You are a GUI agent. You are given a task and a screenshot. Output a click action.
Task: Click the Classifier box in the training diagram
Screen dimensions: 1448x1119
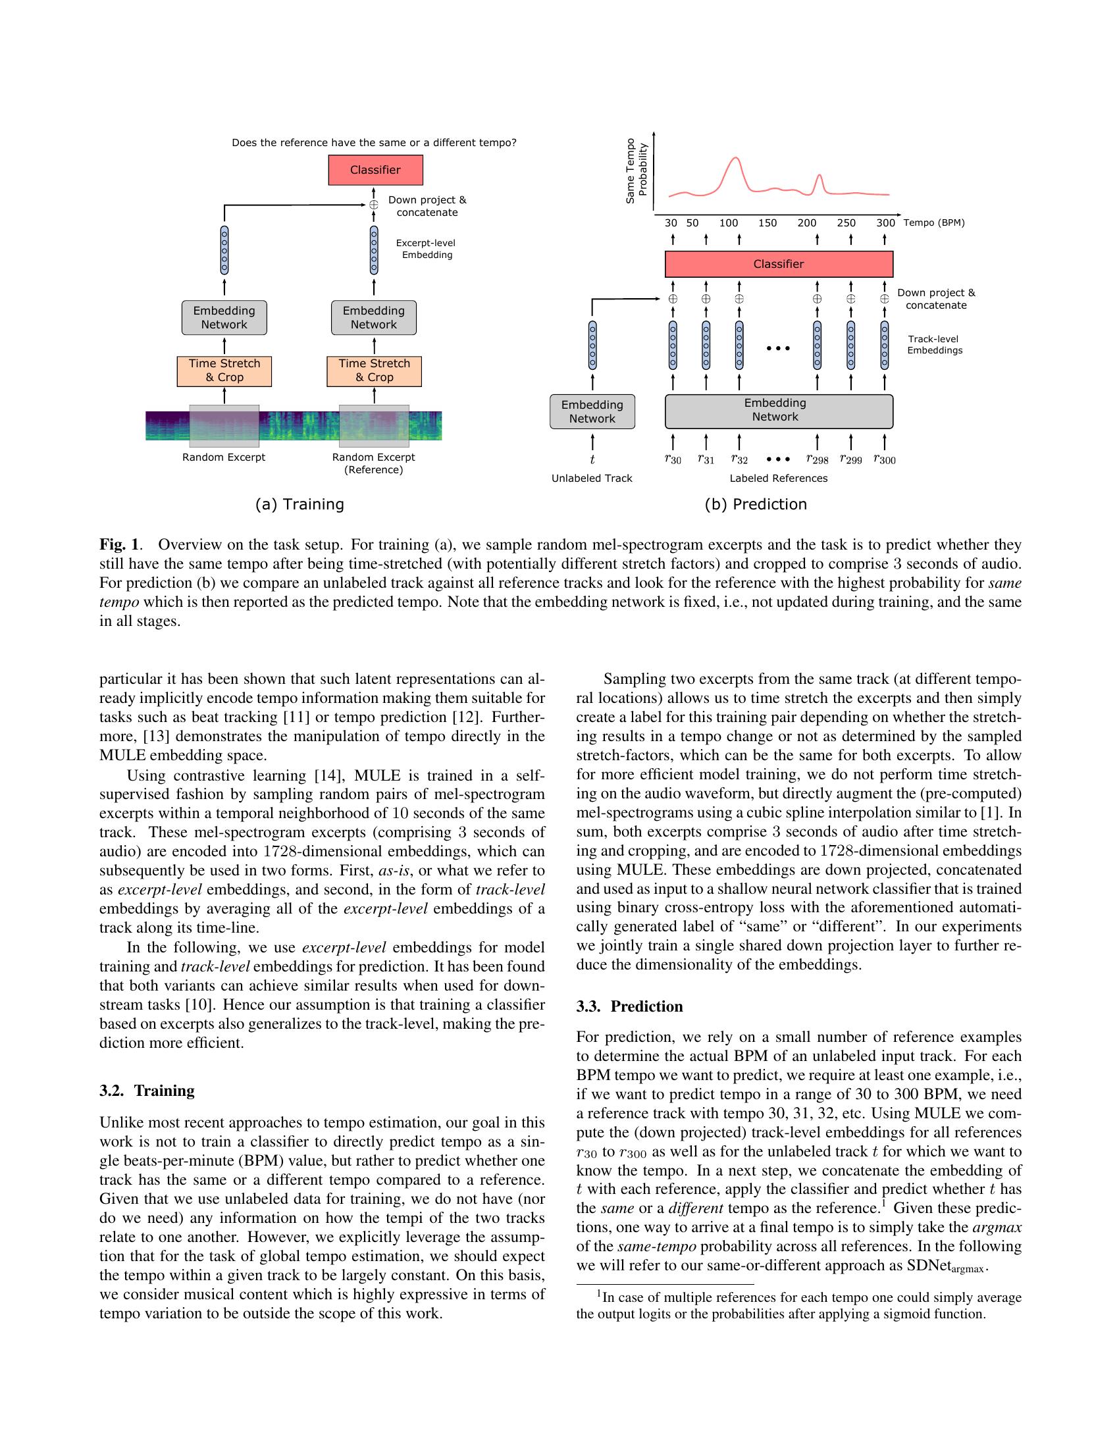click(x=375, y=170)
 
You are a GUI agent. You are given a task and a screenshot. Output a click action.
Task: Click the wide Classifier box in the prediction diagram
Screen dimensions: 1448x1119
click(x=778, y=264)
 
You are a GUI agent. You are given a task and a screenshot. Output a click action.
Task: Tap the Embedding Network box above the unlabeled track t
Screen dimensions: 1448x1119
click(x=592, y=412)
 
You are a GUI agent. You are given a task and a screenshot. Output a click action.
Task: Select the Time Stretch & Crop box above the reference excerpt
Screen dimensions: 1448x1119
click(x=374, y=371)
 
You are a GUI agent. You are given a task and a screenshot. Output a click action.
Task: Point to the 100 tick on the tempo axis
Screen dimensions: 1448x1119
click(x=729, y=223)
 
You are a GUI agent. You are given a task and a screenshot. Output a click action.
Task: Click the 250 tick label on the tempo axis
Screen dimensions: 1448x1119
click(x=846, y=223)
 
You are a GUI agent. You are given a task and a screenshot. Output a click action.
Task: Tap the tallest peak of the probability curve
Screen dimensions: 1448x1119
click(x=735, y=159)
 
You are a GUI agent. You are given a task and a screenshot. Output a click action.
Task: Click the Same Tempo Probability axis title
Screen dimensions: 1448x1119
click(x=636, y=171)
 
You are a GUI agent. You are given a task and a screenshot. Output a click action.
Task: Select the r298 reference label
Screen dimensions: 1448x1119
click(x=817, y=459)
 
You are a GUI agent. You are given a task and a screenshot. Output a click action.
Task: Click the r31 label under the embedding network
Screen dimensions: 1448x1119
click(x=706, y=459)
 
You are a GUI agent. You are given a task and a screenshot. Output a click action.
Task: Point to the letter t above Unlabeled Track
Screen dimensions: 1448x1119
click(x=592, y=459)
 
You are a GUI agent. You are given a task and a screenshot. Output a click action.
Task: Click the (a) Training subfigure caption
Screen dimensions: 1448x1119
click(x=299, y=505)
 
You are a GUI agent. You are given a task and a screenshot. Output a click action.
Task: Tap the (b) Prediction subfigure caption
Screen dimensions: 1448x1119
click(x=756, y=505)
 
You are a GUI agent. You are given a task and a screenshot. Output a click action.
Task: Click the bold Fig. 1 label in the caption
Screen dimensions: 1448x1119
click(x=120, y=545)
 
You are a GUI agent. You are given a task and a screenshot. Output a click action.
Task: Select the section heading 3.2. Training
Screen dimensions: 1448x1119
click(x=147, y=1091)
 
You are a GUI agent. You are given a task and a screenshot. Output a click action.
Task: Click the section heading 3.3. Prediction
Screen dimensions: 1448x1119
click(x=629, y=1006)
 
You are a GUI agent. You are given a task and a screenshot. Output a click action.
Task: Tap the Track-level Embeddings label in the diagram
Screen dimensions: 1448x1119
click(x=935, y=344)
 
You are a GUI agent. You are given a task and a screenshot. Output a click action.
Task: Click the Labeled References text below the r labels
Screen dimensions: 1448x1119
click(x=778, y=478)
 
